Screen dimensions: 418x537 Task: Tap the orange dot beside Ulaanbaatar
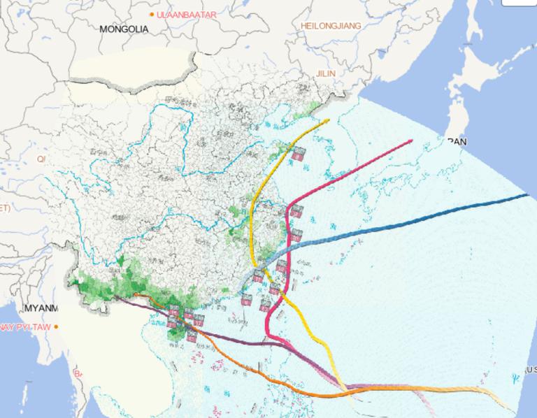(x=152, y=14)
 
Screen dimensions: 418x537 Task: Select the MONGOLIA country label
(x=124, y=29)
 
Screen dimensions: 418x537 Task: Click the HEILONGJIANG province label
(x=331, y=26)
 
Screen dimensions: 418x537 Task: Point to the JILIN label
(x=326, y=73)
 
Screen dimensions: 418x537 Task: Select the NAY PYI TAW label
(x=24, y=326)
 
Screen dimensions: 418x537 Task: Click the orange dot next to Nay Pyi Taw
(x=57, y=326)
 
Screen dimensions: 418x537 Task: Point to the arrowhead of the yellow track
(x=327, y=121)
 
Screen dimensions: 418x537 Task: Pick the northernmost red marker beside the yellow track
(x=299, y=153)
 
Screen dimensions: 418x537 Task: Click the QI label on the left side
(x=41, y=159)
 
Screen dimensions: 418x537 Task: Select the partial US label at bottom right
(x=531, y=369)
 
